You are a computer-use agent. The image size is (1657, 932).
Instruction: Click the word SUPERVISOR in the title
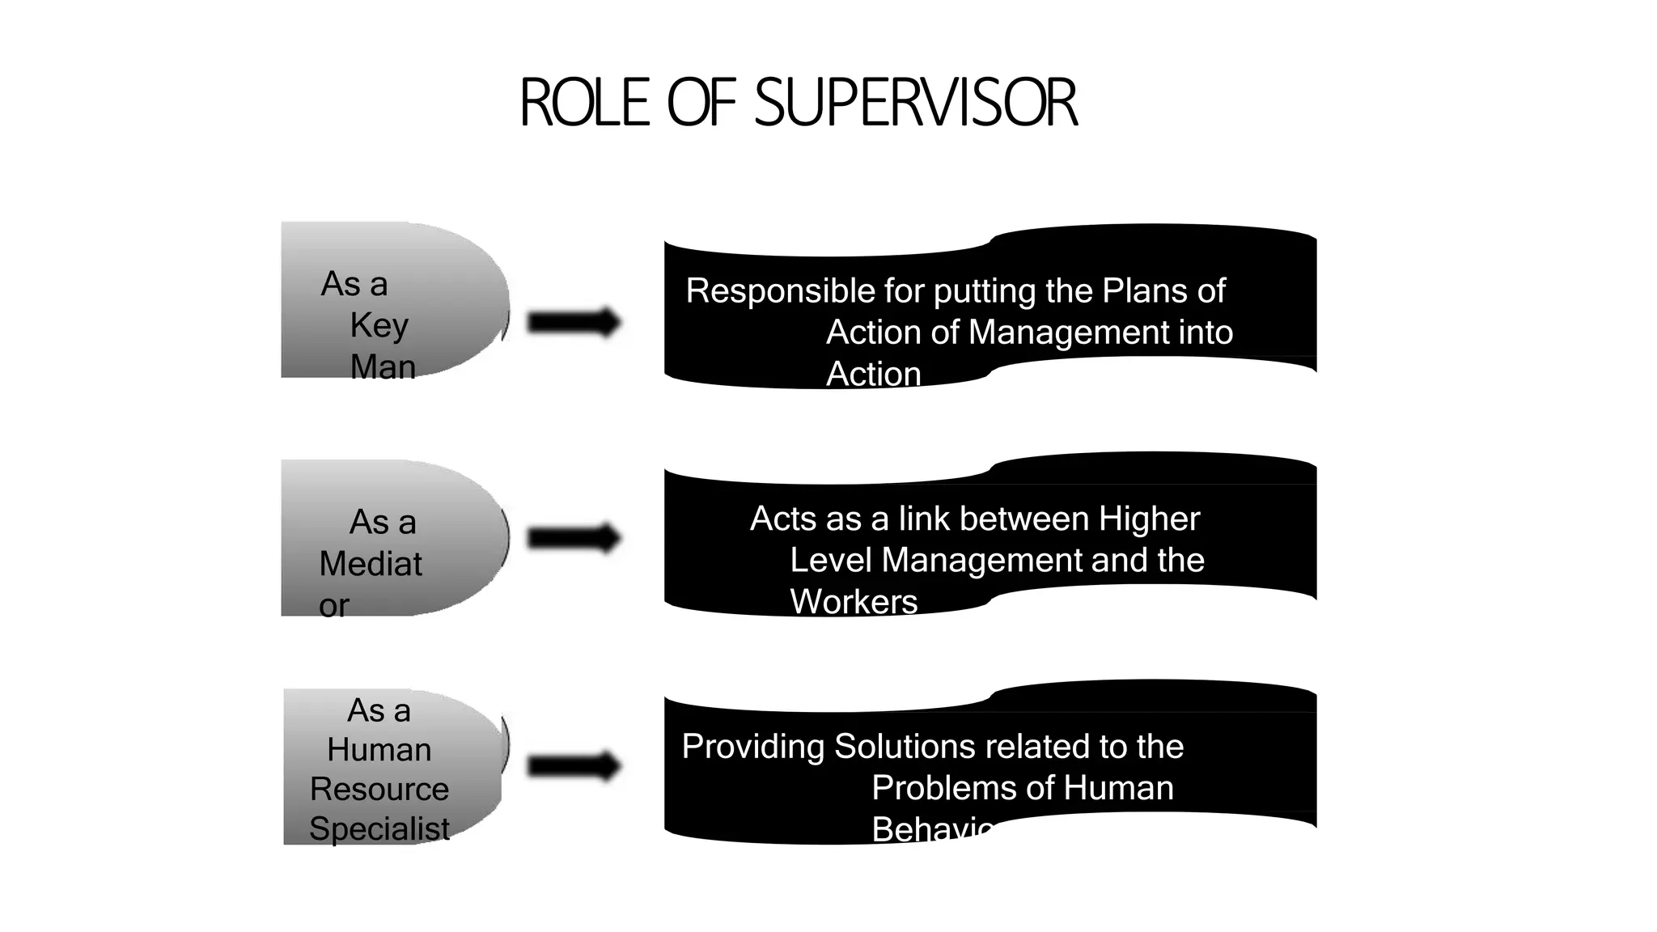tap(916, 104)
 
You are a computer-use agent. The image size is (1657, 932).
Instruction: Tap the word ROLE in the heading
tap(584, 104)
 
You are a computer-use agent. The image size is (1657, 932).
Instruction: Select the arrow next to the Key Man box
tap(574, 322)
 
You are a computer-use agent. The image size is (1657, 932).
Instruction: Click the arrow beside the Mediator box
tap(574, 538)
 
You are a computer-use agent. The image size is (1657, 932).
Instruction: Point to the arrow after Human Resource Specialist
tap(574, 765)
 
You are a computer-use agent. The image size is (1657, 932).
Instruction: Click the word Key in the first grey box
tap(379, 325)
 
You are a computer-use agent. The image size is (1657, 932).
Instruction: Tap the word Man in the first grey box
tap(383, 366)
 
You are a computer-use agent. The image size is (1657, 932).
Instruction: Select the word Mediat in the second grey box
tap(371, 564)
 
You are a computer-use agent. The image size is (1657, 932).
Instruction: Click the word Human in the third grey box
tap(379, 750)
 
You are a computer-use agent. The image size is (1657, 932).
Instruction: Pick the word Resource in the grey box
tap(379, 789)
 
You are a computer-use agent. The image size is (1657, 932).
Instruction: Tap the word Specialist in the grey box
tap(379, 828)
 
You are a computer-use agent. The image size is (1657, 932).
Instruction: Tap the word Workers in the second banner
tap(854, 602)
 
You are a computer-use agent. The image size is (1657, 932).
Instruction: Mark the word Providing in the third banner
tap(753, 747)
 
